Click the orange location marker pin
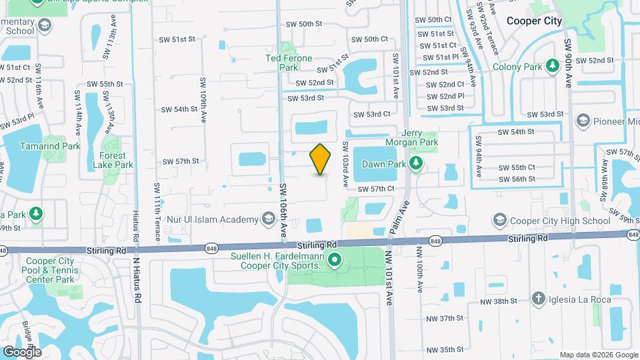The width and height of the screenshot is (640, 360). coord(321,159)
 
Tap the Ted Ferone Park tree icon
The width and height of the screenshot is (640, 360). coord(289,48)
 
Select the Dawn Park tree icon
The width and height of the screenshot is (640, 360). coord(416,163)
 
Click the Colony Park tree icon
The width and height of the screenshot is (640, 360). coord(552,66)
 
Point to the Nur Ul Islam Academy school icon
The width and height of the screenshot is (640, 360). coord(268,219)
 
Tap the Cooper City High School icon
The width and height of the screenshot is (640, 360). coord(500,220)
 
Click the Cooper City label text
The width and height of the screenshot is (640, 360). coord(534,21)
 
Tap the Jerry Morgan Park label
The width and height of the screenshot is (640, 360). coord(411,137)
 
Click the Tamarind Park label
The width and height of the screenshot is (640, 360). coord(50,146)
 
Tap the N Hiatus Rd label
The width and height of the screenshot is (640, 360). coord(137,280)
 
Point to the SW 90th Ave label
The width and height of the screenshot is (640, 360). coord(569,63)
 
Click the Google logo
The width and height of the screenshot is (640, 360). coord(22,351)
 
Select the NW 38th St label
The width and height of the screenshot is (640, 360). coord(499,301)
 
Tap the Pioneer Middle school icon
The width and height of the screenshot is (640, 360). coord(583,121)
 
